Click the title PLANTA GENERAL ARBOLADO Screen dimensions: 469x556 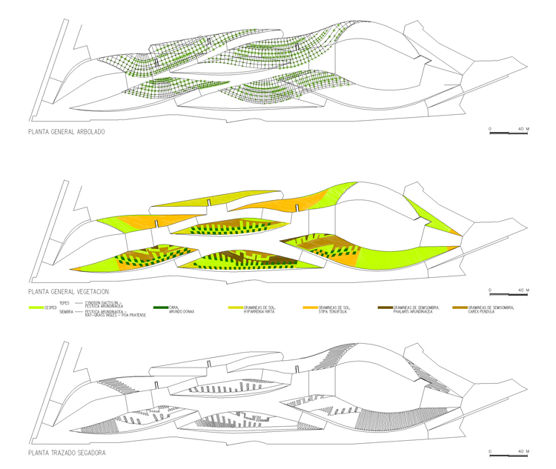tap(66, 133)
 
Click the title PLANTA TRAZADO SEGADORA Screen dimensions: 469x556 tap(66, 452)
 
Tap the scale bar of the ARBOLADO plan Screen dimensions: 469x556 tap(508, 133)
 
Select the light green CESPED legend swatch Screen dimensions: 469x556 tap(35, 307)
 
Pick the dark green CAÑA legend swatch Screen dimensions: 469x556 tap(160, 306)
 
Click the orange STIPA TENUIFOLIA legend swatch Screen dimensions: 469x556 tap(311, 306)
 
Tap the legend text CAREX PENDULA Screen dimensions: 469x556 tap(486, 311)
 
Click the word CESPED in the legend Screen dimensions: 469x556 tap(51, 307)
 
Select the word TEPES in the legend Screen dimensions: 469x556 tap(64, 302)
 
